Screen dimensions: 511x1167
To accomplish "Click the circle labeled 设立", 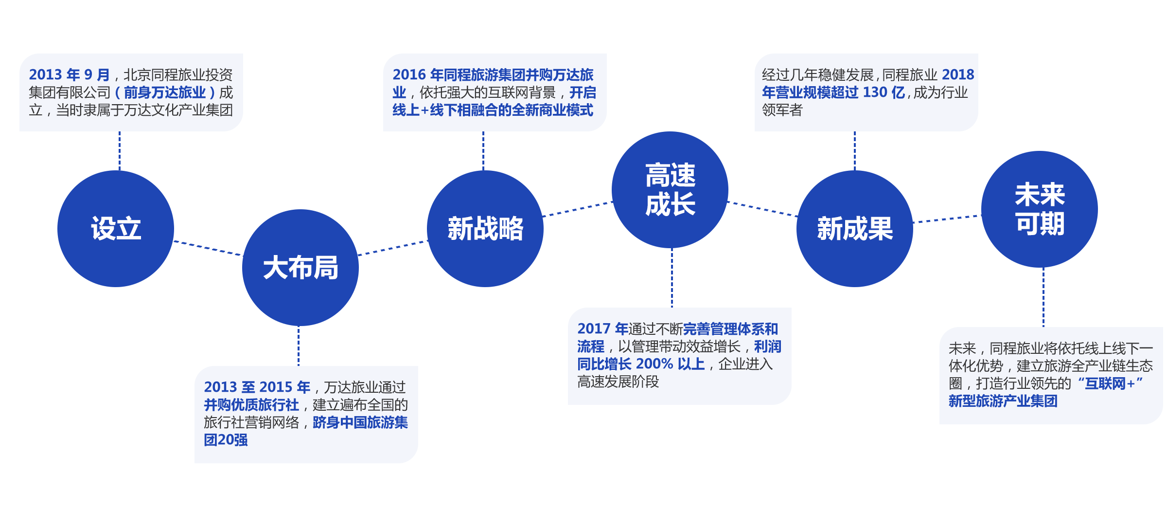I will tap(116, 229).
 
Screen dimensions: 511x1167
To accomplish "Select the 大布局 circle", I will tap(301, 268).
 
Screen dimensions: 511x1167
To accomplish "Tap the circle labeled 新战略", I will tap(485, 229).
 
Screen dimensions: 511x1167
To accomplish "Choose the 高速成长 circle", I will tap(670, 190).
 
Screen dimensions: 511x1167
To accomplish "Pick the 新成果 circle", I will tap(855, 229).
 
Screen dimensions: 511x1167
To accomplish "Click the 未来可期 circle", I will tap(1040, 209).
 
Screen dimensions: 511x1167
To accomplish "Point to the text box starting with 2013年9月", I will tap(131, 92).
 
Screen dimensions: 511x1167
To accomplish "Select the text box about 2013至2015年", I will tap(306, 414).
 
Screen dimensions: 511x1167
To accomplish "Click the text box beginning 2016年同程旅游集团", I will tap(495, 92).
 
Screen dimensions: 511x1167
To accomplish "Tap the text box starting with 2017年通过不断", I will tap(679, 356).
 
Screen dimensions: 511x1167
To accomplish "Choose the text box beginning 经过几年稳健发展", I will tap(866, 92).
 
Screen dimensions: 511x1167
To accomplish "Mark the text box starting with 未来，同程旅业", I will tap(1051, 375).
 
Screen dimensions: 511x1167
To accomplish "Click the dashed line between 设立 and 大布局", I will tap(208, 248).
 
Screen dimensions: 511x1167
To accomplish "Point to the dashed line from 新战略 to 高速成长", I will tap(577, 209).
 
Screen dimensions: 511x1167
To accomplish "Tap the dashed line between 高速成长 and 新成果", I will tap(762, 209).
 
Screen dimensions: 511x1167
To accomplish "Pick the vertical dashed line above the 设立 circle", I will tap(120, 151).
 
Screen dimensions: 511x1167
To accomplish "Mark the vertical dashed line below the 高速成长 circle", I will tap(672, 277).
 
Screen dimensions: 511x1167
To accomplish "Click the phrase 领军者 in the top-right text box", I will tap(782, 110).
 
